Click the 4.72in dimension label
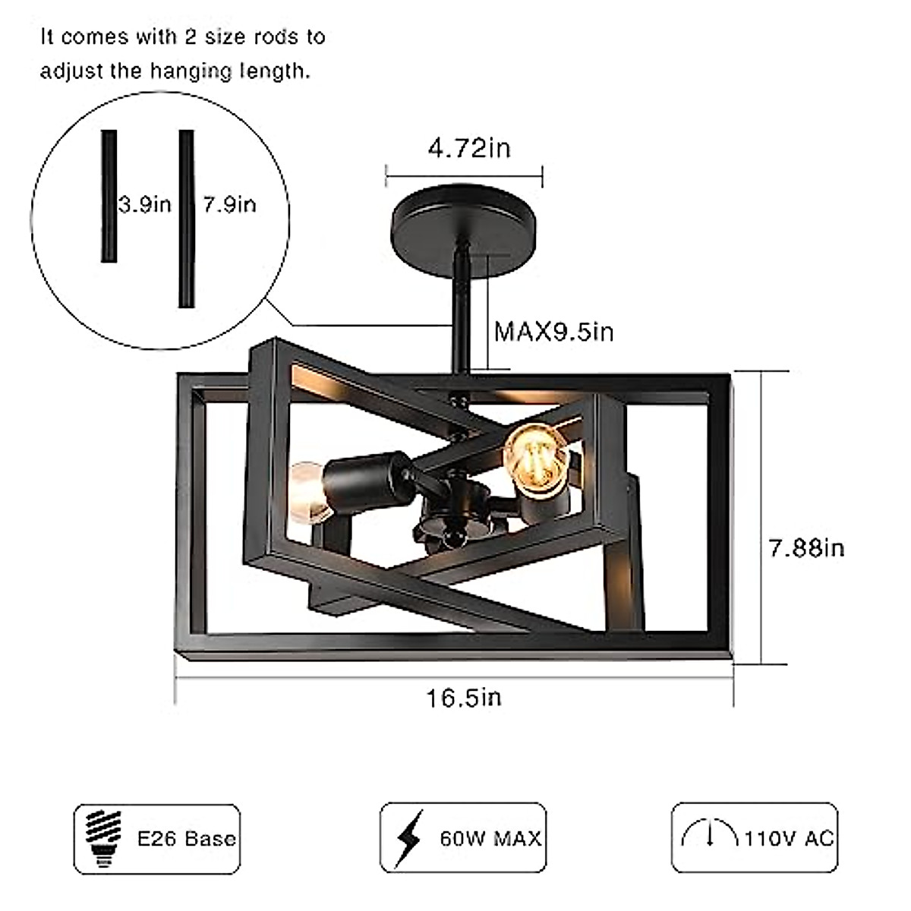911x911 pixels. (468, 148)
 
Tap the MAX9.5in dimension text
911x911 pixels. (554, 332)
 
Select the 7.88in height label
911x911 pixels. (805, 547)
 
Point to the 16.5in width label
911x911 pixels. (463, 697)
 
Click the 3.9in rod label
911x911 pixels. (145, 204)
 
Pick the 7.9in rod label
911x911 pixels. (229, 204)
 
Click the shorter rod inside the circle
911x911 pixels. (109, 196)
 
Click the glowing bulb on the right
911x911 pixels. (537, 460)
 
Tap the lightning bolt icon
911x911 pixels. (409, 838)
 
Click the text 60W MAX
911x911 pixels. (490, 838)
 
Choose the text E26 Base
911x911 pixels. (186, 838)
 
